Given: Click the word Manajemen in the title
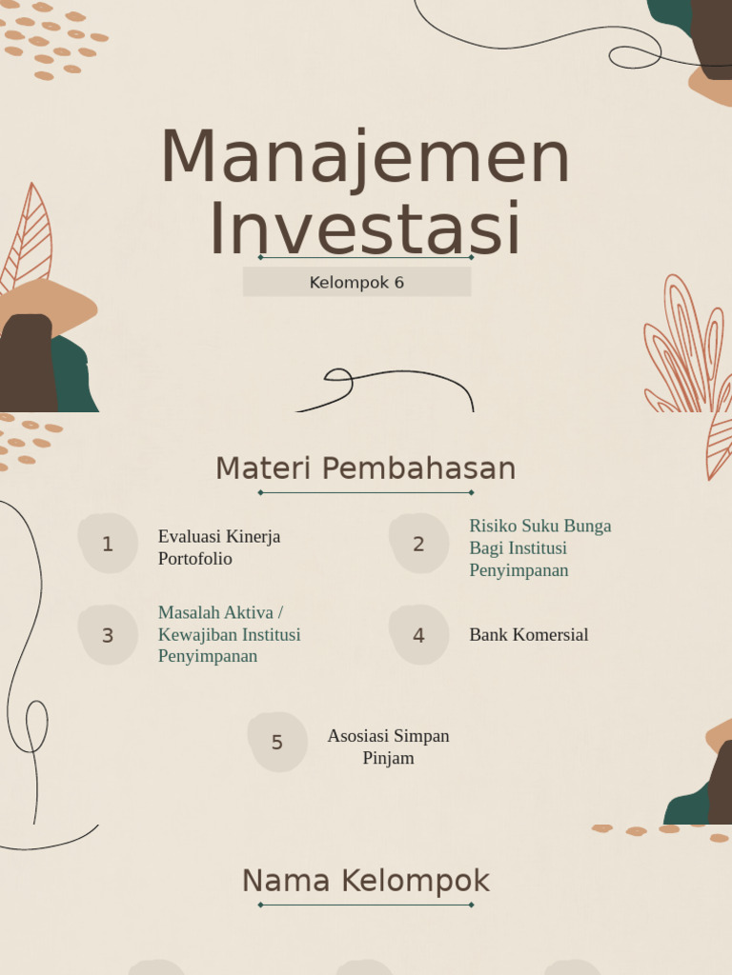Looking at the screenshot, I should (x=365, y=157).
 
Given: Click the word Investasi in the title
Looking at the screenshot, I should (x=365, y=229).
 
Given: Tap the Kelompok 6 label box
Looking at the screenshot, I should (x=356, y=282).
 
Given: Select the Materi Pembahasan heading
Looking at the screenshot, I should (x=365, y=468).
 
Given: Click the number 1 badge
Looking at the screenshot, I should (x=108, y=544).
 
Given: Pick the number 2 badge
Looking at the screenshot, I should (x=418, y=544).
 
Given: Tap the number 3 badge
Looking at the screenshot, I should (x=108, y=635).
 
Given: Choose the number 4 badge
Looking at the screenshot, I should (x=418, y=635).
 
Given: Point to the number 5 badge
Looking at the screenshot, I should (x=277, y=743).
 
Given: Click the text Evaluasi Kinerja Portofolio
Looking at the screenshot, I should (x=219, y=547).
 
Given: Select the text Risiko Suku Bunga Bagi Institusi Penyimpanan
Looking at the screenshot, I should (x=539, y=547).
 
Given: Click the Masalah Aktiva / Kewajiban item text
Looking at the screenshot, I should (x=229, y=634).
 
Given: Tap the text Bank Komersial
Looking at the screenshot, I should (x=528, y=635).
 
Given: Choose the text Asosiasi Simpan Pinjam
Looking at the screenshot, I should (x=388, y=746).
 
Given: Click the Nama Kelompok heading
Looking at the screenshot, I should (x=365, y=881).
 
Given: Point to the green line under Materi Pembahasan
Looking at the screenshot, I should (x=365, y=492).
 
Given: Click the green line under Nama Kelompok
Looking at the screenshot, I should (x=365, y=905).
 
